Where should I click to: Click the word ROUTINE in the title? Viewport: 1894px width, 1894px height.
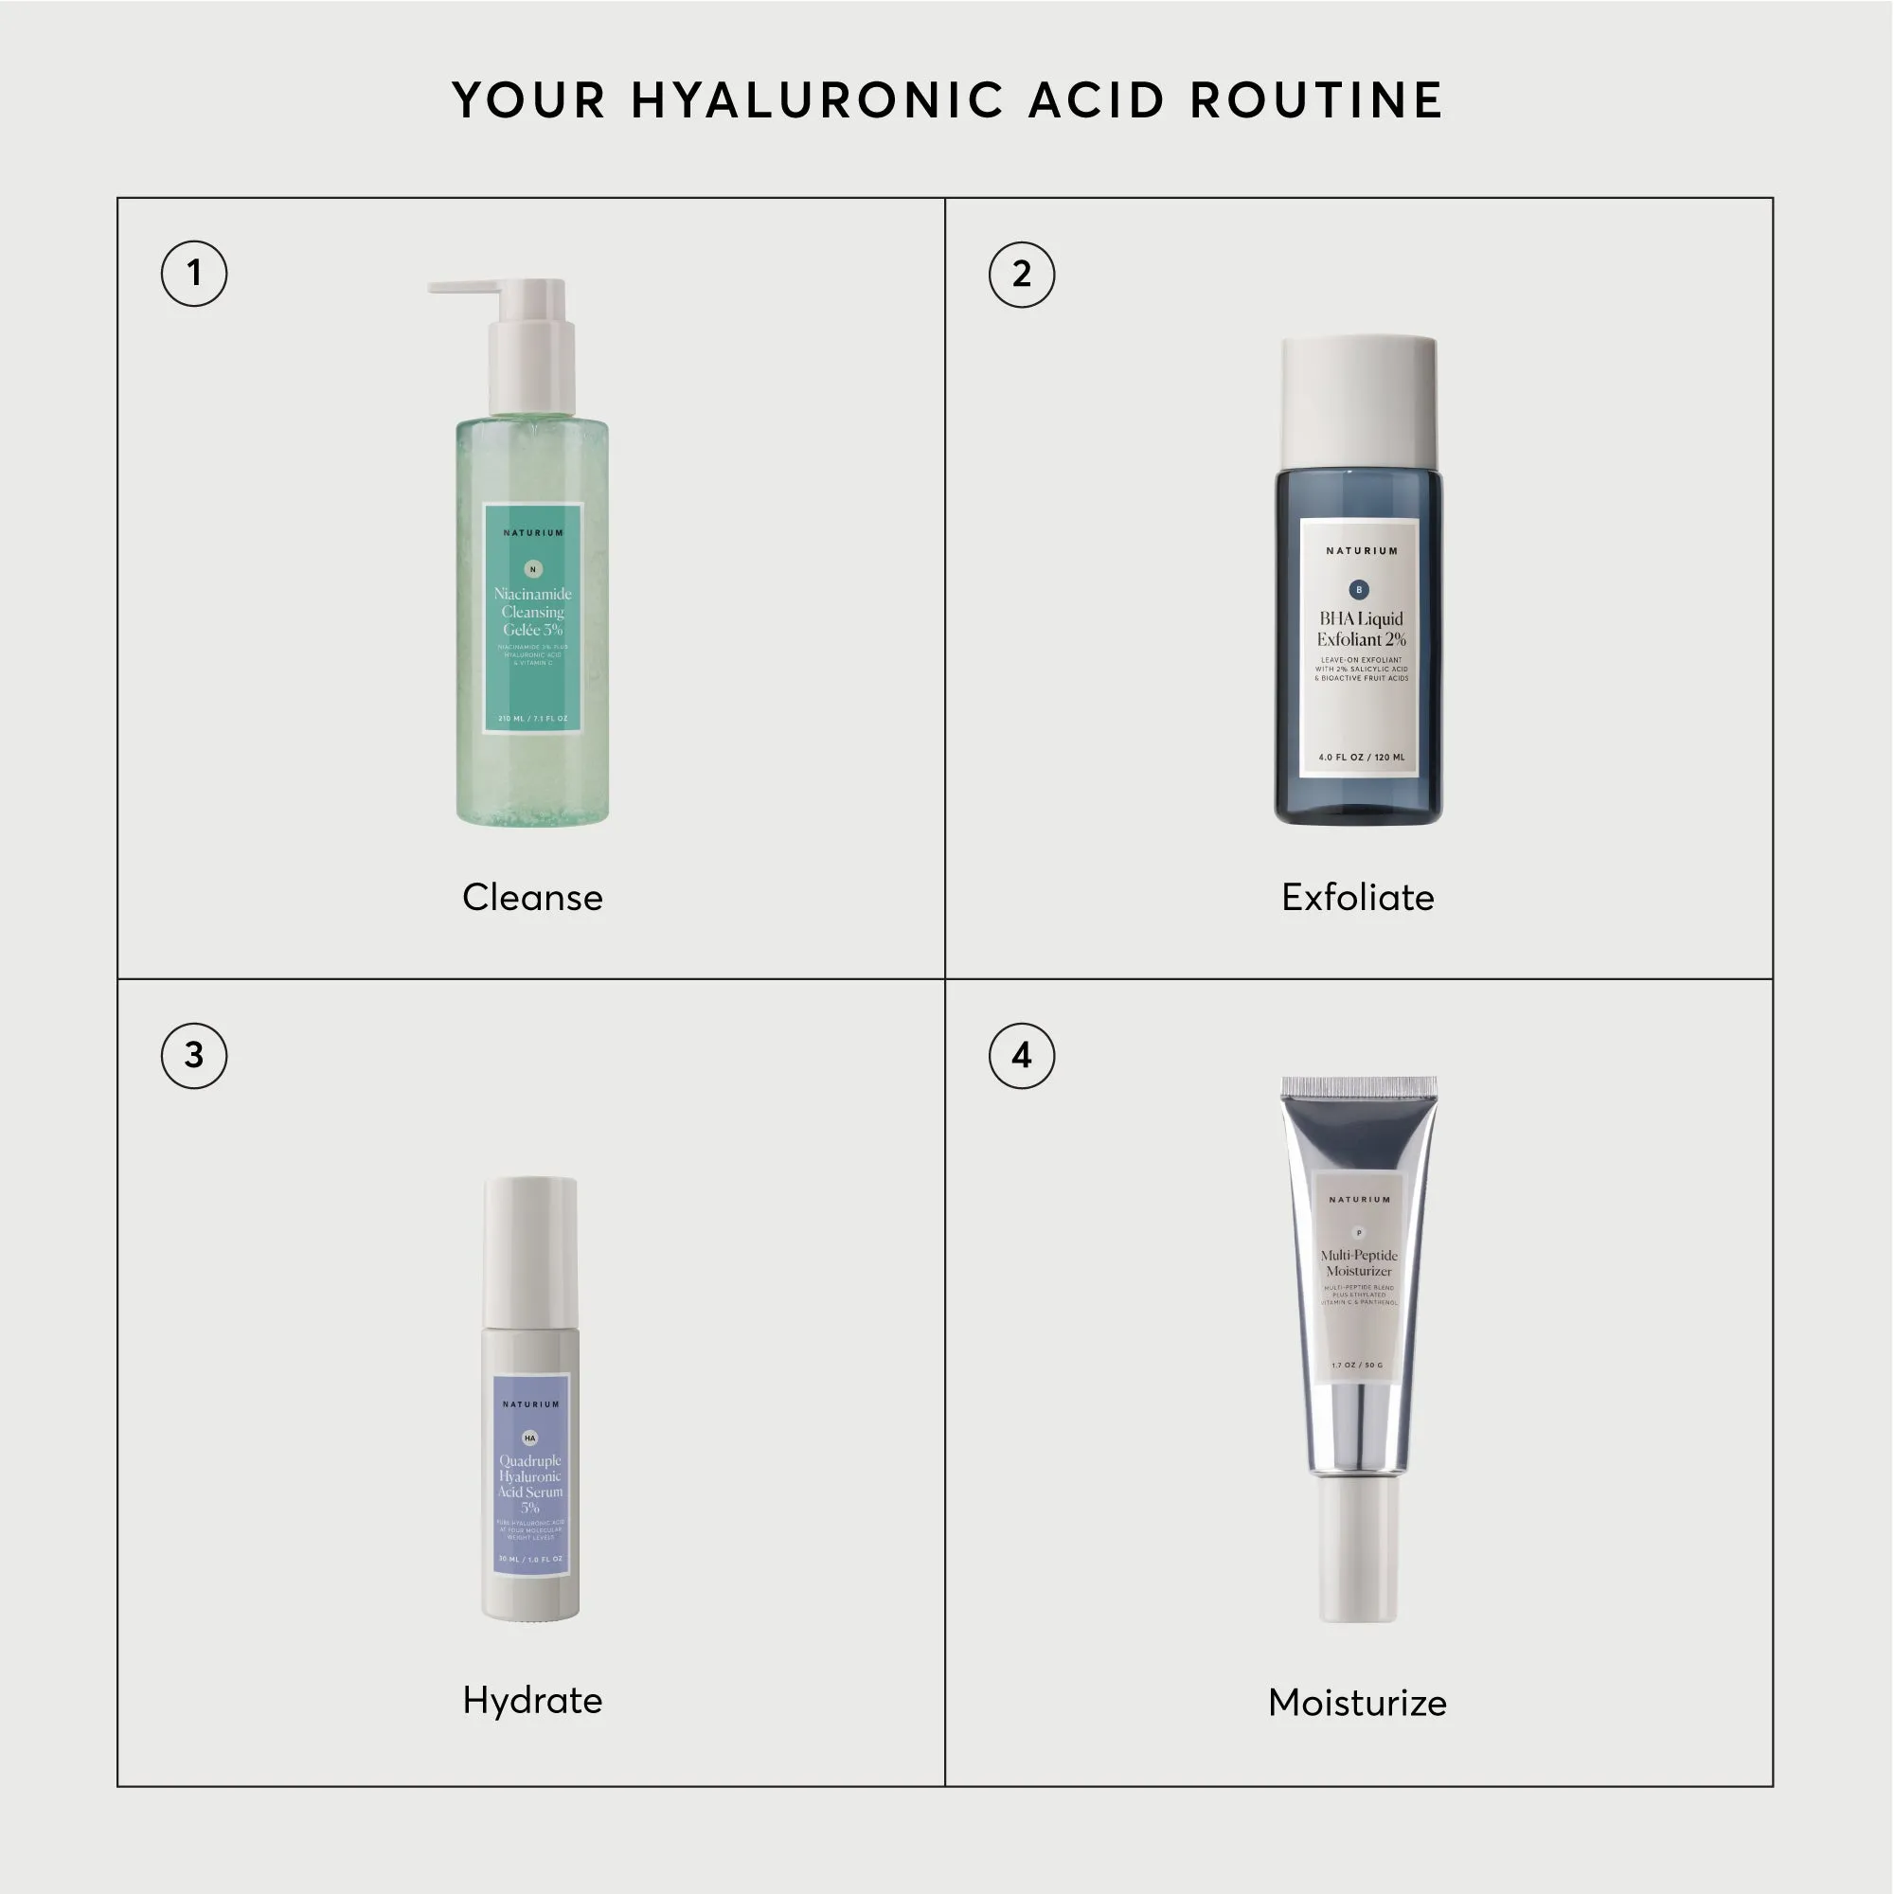tap(1315, 100)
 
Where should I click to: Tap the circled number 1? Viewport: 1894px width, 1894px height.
tap(194, 274)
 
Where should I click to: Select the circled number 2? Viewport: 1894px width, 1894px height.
tap(1022, 275)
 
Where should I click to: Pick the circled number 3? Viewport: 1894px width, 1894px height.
tap(194, 1056)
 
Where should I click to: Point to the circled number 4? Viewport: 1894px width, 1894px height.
tap(1022, 1056)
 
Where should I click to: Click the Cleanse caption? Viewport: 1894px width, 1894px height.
tap(532, 898)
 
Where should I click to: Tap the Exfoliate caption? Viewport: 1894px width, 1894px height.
tap(1358, 898)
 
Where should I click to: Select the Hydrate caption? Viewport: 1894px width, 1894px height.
tap(532, 1701)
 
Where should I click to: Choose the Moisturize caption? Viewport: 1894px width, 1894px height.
tap(1358, 1703)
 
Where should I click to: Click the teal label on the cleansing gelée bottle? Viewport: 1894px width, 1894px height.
tap(533, 617)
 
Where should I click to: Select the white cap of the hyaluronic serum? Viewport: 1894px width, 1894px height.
tap(530, 1253)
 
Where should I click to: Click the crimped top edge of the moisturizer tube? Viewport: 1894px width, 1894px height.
tap(1359, 1086)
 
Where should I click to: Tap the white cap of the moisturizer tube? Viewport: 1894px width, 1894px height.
tap(1358, 1549)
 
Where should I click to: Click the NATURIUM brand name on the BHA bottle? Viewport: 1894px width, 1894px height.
tap(1362, 551)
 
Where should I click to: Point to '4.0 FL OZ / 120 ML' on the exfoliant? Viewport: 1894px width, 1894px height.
tap(1362, 757)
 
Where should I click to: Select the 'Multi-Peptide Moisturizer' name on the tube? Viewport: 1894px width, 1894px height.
tap(1359, 1262)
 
